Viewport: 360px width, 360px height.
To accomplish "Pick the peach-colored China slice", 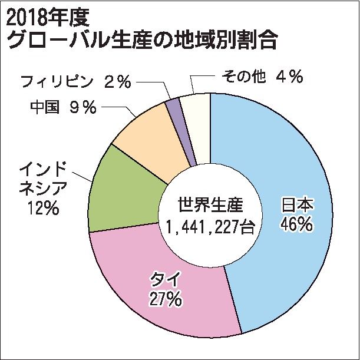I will point(147,141).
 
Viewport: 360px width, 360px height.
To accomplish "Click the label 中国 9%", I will point(62,108).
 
